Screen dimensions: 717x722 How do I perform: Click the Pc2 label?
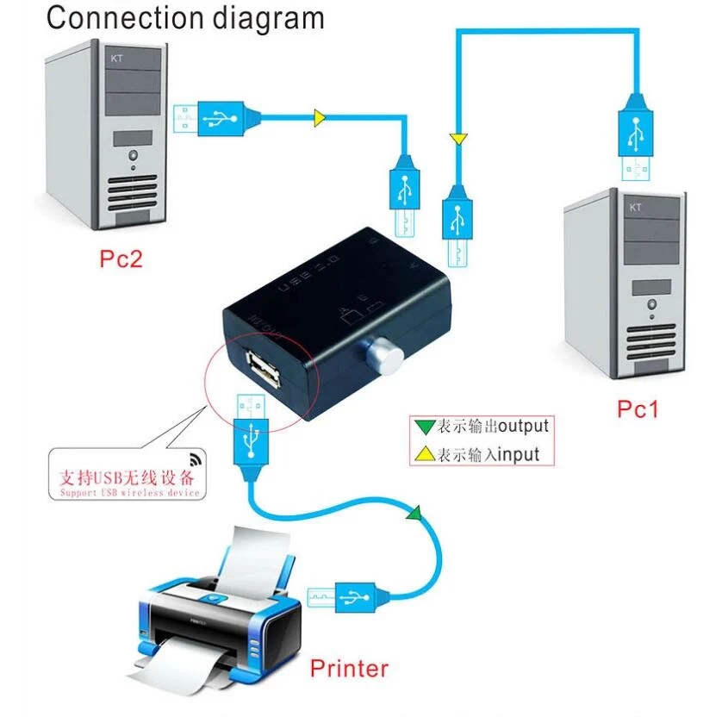point(120,259)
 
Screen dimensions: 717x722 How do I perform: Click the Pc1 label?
point(637,408)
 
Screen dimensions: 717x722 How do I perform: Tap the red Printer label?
point(349,667)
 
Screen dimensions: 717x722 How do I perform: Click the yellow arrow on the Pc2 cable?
point(320,118)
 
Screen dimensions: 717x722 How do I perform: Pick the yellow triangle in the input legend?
point(424,453)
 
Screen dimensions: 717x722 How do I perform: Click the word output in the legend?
point(523,426)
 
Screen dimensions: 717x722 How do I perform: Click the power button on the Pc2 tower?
point(134,157)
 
